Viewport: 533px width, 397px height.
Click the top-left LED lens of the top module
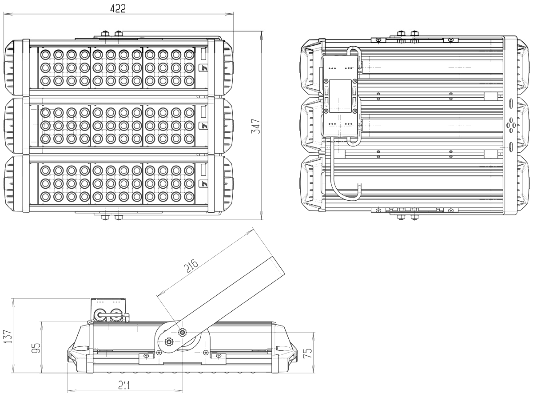[44, 55]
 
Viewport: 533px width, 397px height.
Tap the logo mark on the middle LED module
[203, 125]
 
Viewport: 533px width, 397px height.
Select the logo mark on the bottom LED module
[203, 183]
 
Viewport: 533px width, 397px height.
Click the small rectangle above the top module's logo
[203, 54]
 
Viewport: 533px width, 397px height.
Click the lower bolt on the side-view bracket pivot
[169, 341]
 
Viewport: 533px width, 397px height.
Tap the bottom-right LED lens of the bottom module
[190, 196]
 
